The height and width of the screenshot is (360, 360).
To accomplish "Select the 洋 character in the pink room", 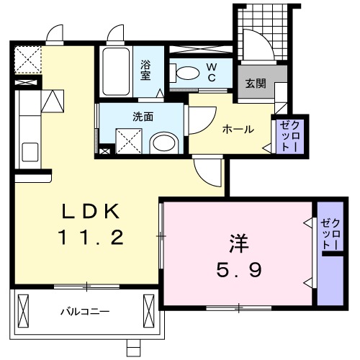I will pos(240,243).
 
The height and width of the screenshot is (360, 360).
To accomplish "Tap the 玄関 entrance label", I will pos(256,84).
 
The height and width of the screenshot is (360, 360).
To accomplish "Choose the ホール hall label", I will pos(238,130).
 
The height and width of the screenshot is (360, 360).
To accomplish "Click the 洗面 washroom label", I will pos(142,116).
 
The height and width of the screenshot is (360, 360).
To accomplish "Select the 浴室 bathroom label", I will pos(146,70).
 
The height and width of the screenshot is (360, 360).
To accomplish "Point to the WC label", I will pos(213,72).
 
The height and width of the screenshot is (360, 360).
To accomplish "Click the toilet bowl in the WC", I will pos(186,72).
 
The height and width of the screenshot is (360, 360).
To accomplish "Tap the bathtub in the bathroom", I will pos(115,72).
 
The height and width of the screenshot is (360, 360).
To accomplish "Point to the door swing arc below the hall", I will pos(209,173).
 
